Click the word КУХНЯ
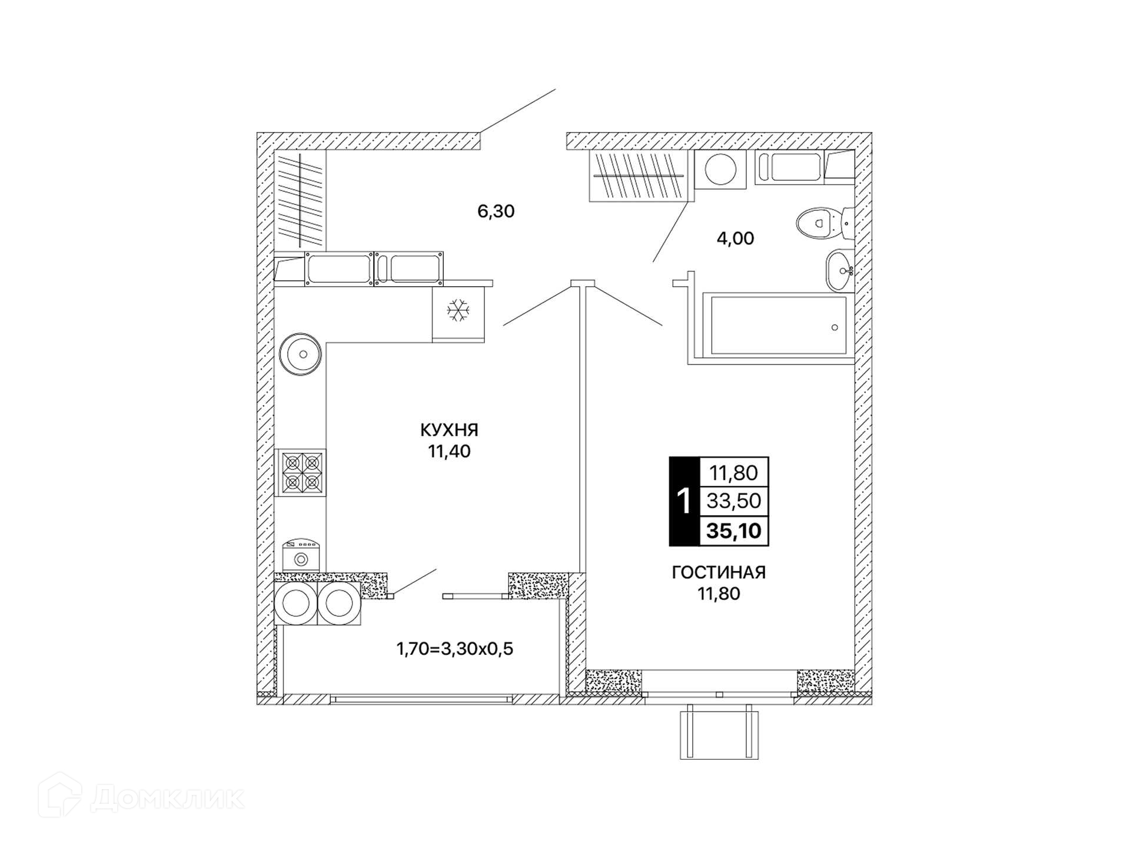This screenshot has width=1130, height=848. (449, 430)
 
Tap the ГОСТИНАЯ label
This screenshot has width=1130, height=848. (719, 572)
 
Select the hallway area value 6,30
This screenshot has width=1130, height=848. (496, 211)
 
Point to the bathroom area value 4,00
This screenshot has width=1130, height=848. (735, 238)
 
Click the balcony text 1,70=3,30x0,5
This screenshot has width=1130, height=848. (454, 649)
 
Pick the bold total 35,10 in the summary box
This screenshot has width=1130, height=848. (734, 531)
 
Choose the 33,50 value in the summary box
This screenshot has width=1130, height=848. (734, 501)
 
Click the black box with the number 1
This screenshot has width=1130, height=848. (683, 501)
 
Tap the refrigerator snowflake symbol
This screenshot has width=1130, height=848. (458, 310)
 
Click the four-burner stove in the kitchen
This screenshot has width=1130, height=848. (300, 473)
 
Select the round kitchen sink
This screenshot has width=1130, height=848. (301, 354)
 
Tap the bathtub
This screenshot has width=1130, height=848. (779, 326)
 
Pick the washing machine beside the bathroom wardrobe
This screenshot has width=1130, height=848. (720, 170)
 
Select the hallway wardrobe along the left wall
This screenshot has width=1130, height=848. (300, 200)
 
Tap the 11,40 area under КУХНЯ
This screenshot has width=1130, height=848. (449, 452)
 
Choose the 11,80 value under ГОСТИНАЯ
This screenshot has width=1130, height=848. (719, 594)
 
